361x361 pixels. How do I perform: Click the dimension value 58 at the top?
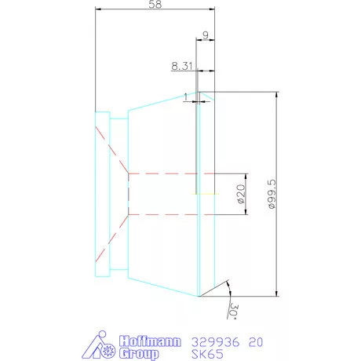(x=154, y=5)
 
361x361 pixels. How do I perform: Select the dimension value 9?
(x=205, y=35)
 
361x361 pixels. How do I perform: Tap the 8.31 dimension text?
(x=181, y=67)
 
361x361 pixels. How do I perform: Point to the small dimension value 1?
(x=185, y=97)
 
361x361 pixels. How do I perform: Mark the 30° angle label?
(x=233, y=312)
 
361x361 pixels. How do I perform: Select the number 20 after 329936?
(x=255, y=342)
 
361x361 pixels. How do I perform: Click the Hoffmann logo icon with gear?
(x=99, y=346)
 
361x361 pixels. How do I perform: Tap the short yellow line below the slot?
(x=206, y=194)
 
